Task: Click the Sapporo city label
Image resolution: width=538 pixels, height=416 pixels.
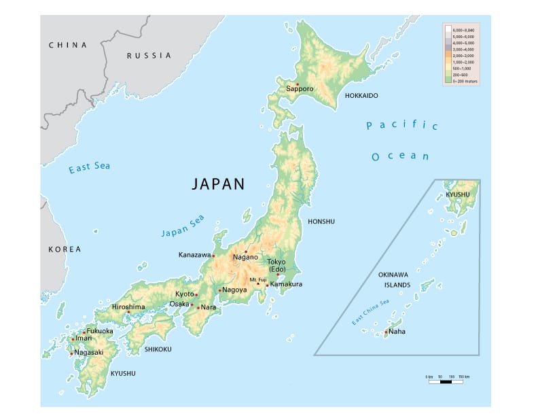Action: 300,89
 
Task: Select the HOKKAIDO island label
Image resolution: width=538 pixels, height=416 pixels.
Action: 361,96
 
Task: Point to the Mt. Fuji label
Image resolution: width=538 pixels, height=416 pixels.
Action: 257,279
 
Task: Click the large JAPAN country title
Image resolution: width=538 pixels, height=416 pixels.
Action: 217,184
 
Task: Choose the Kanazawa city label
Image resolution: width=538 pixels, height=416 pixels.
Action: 195,255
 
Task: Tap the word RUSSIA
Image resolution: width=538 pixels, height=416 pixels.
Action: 149,56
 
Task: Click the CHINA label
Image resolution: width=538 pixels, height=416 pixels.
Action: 68,45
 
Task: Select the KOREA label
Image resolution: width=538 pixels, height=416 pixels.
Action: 65,249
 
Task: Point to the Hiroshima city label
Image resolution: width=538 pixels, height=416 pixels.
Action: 128,307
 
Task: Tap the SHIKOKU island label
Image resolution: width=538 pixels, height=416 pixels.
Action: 158,349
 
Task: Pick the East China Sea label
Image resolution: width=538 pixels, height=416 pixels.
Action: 370,312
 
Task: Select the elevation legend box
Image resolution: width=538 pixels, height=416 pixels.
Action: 461,54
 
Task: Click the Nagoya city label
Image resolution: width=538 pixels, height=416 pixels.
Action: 234,290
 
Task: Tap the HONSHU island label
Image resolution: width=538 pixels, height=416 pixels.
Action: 321,222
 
